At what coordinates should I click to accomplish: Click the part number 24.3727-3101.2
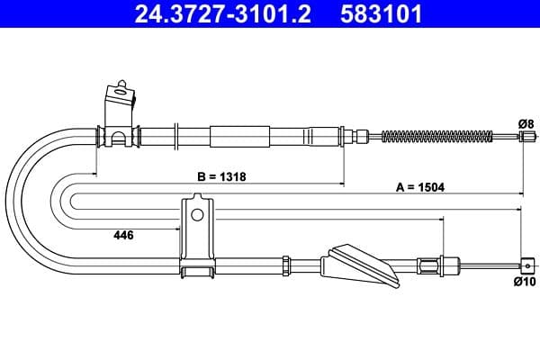coord(223,13)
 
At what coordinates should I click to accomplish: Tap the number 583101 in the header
coord(382,13)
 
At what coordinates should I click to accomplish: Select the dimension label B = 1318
coord(221,176)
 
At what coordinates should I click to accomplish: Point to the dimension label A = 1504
coord(420,187)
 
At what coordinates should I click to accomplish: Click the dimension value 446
coord(123,235)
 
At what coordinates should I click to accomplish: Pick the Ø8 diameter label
coord(526,123)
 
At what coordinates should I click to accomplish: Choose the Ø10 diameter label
coord(525,282)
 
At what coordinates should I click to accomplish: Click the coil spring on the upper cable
coord(437,137)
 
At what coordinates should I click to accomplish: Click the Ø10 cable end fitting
coord(527,265)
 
